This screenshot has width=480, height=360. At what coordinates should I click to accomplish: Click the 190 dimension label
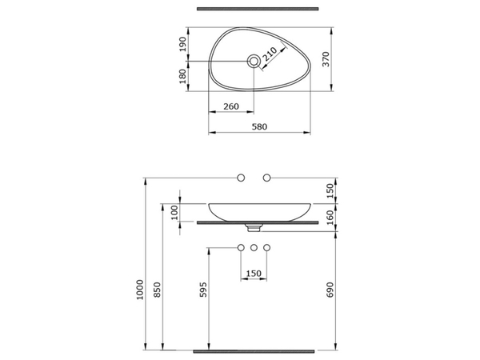(x=182, y=44)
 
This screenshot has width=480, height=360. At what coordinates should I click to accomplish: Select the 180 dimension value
(x=182, y=77)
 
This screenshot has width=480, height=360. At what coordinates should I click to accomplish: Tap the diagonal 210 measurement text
(x=270, y=54)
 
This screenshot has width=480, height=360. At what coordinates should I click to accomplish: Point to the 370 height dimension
(x=326, y=59)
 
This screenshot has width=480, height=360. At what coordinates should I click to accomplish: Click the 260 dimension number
(x=231, y=106)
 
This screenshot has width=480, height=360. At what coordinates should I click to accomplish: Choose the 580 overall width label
(x=259, y=126)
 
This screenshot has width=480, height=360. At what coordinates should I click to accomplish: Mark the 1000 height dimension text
(x=139, y=290)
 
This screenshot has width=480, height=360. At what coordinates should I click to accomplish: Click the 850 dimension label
(x=157, y=290)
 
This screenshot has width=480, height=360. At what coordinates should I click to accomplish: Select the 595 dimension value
(x=203, y=290)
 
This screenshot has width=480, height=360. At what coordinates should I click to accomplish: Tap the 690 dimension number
(x=330, y=290)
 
